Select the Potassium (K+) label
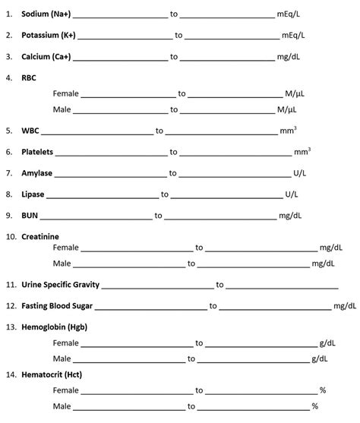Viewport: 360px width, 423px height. [48, 35]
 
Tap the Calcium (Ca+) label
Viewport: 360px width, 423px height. [46, 56]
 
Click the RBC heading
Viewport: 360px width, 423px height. [29, 77]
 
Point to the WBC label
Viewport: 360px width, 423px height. [30, 131]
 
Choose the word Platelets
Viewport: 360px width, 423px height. [37, 152]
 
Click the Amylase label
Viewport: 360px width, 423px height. [36, 173]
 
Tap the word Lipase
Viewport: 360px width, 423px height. [33, 194]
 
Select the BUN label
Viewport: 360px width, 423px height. [29, 216]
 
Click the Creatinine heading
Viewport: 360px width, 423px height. [40, 237]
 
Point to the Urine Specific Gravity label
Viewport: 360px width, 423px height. [60, 285]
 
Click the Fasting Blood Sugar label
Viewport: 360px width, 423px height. [57, 306]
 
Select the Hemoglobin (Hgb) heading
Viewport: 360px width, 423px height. [52, 327]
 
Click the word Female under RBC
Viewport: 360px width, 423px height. [66, 94]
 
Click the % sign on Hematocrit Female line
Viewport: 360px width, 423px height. [323, 390]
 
